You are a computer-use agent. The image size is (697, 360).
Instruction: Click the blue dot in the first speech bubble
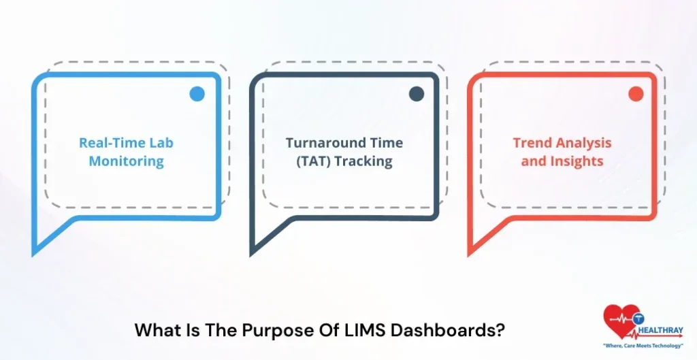click(x=197, y=94)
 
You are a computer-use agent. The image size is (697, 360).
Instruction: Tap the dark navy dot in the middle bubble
click(x=417, y=94)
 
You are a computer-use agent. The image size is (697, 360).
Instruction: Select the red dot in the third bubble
click(x=636, y=94)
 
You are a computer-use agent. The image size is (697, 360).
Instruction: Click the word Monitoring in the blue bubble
click(x=126, y=161)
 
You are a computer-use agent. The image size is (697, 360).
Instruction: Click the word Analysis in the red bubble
click(x=585, y=143)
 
